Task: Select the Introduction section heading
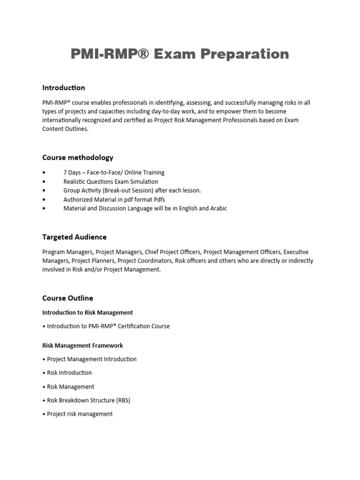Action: [x=64, y=88]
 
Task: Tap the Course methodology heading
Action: [x=78, y=157]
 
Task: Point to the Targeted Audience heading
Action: [x=75, y=237]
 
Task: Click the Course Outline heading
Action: [x=67, y=298]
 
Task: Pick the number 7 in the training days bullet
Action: [x=65, y=172]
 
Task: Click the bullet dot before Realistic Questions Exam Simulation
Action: [x=44, y=181]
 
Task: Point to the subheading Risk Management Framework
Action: [x=82, y=345]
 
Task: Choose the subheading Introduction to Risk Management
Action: [x=88, y=312]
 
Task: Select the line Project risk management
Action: [x=80, y=414]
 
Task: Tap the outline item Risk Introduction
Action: [x=69, y=373]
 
